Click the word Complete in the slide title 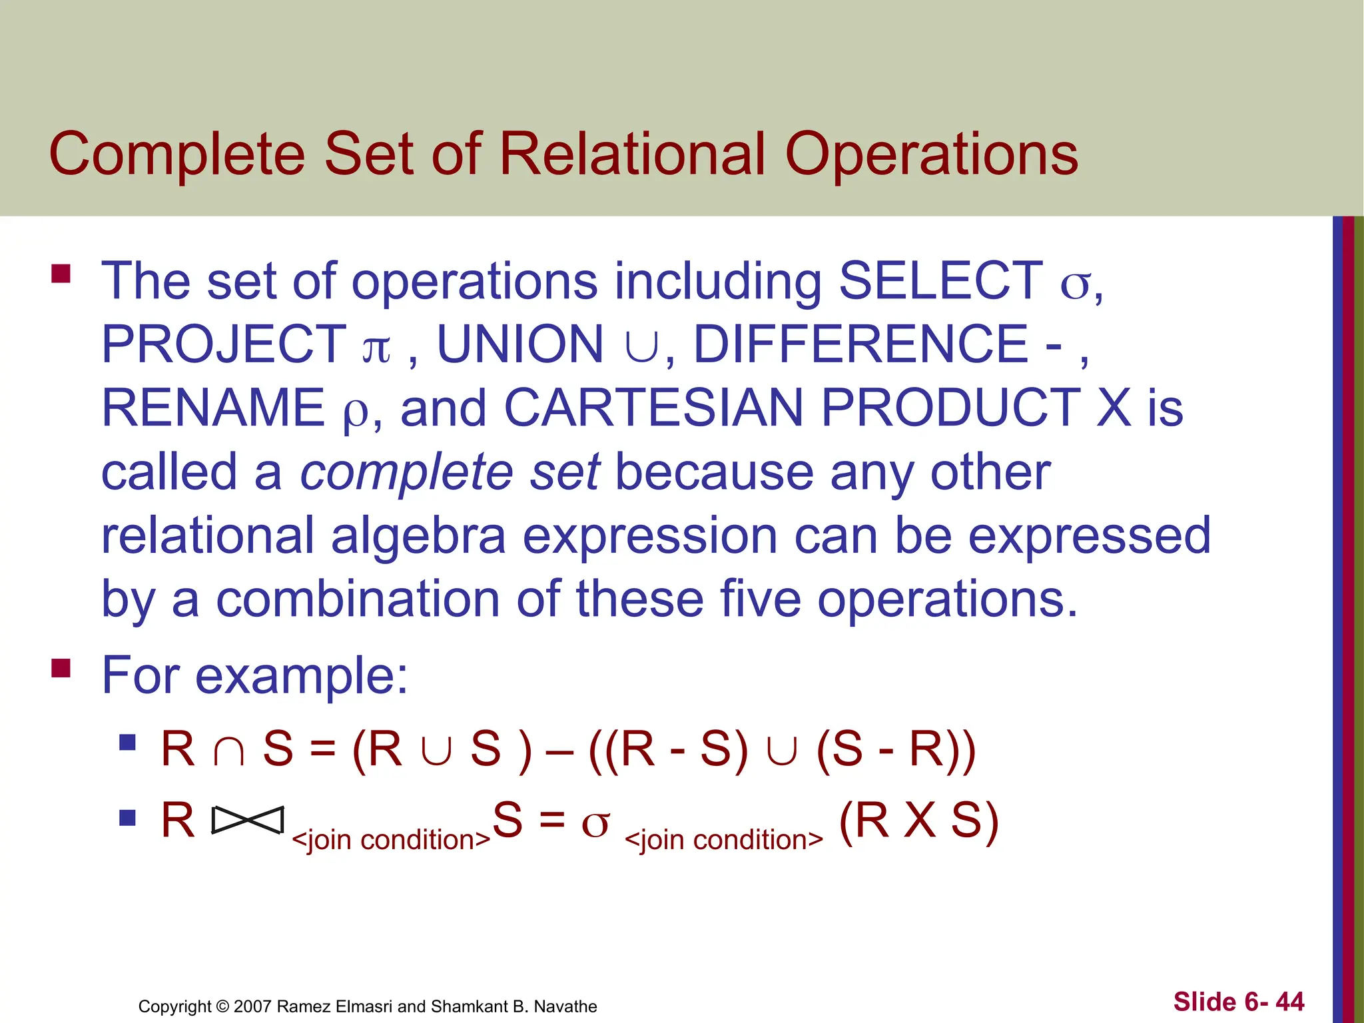pos(177,155)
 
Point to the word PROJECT pos(224,344)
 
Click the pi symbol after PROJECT pos(376,348)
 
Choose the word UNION pos(519,344)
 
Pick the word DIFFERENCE pos(861,344)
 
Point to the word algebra pos(418,536)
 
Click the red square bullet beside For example pos(61,667)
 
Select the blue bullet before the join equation pos(127,817)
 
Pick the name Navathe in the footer pos(565,1006)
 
